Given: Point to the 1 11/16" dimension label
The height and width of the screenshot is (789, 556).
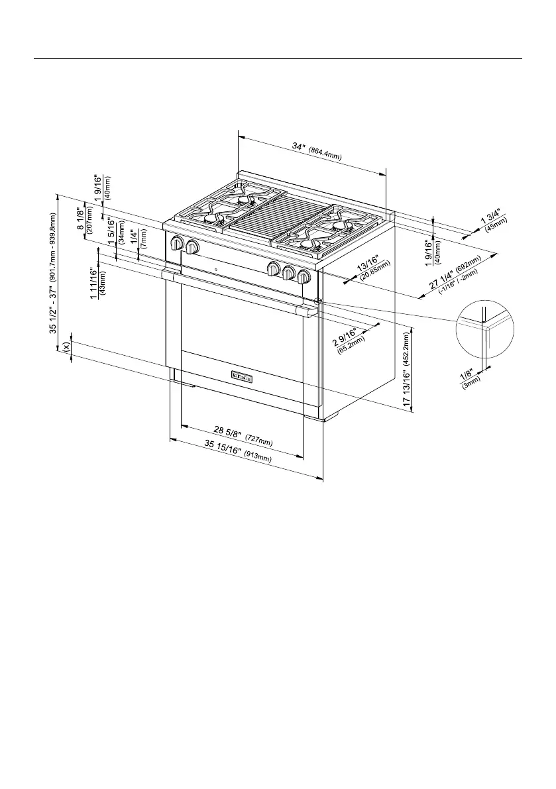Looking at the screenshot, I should click(93, 282).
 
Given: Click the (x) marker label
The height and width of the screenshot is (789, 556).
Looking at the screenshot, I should click(66, 346).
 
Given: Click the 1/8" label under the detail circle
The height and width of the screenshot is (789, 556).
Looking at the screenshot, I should click(467, 376).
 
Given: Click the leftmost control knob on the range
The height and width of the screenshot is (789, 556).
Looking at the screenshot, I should click(177, 243).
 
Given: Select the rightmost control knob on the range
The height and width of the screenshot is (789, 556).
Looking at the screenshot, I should click(304, 276).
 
